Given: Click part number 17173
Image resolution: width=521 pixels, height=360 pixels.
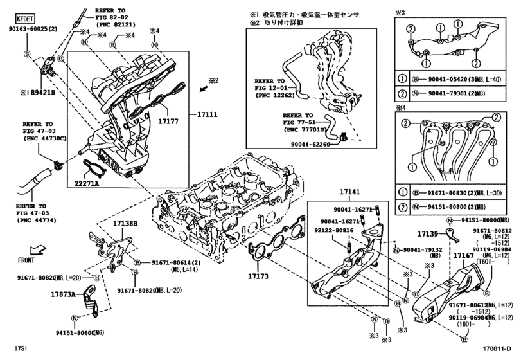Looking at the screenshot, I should [261, 276].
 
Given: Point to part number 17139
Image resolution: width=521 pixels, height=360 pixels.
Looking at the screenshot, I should [428, 234].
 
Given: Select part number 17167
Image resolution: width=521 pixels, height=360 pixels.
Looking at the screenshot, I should [463, 256].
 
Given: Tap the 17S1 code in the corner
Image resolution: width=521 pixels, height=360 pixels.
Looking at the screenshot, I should [12, 349].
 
